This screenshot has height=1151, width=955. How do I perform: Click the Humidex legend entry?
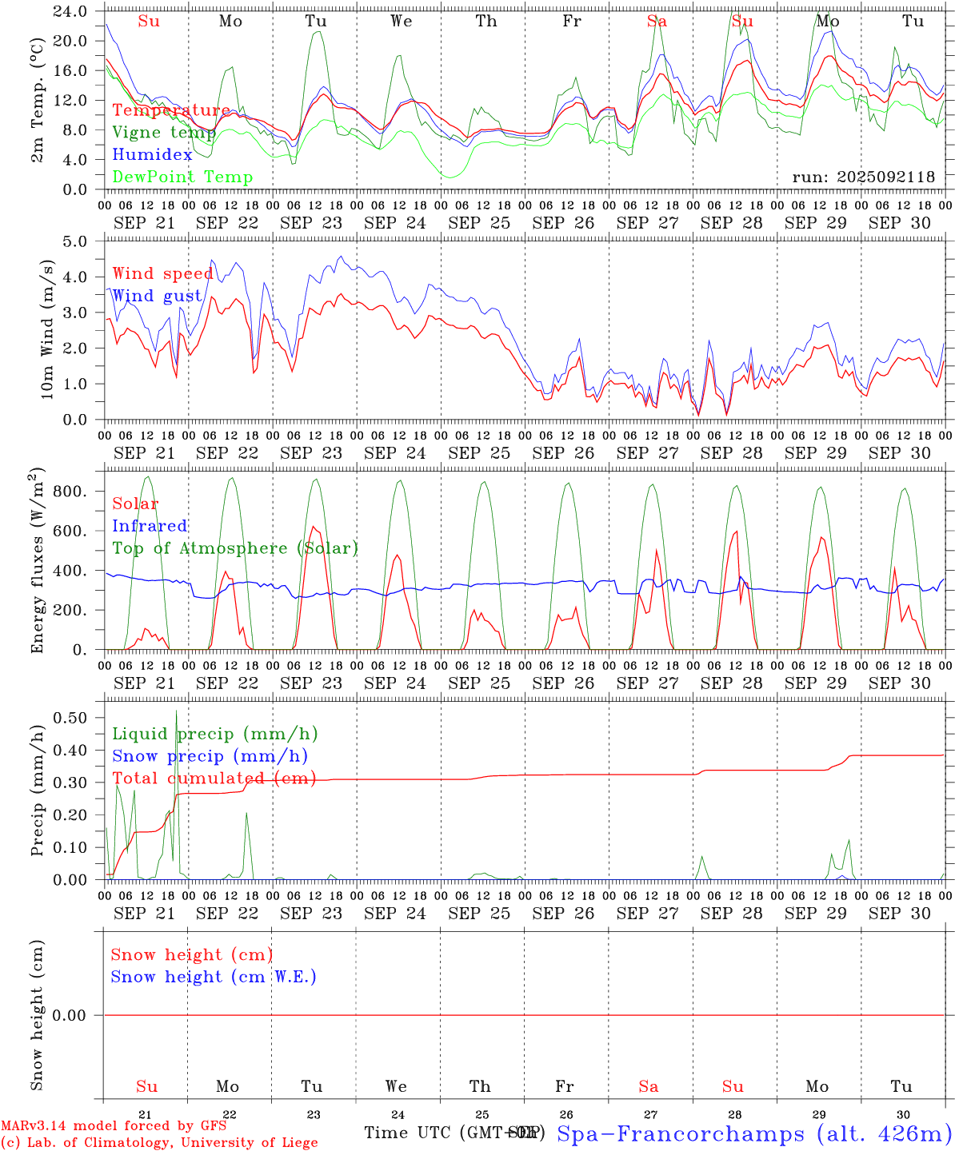pos(152,155)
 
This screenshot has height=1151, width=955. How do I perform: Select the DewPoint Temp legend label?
pos(182,177)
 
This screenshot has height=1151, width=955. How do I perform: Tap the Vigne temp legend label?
pos(163,133)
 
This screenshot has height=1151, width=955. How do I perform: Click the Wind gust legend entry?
pos(157,296)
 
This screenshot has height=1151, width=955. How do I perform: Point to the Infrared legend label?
pos(150,526)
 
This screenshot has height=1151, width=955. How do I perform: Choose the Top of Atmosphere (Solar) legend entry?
pos(234,548)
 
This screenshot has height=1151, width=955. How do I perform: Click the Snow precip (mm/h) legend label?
pos(210,756)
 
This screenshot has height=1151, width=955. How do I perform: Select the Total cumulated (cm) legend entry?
pos(214,779)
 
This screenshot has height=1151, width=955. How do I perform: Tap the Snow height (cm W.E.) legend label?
pos(213,977)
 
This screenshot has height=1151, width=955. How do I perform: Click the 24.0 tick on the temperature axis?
pos(70,12)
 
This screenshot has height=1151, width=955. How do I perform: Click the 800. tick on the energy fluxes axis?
pos(70,492)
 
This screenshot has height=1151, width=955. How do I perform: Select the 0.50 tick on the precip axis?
pos(70,718)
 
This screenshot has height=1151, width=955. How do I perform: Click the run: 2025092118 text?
pos(863,177)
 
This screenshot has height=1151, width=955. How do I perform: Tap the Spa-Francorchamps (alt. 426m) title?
pos(753,1133)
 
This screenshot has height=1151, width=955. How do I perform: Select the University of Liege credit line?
pos(159,1143)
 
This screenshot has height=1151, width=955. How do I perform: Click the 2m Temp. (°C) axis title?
pos(38,101)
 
